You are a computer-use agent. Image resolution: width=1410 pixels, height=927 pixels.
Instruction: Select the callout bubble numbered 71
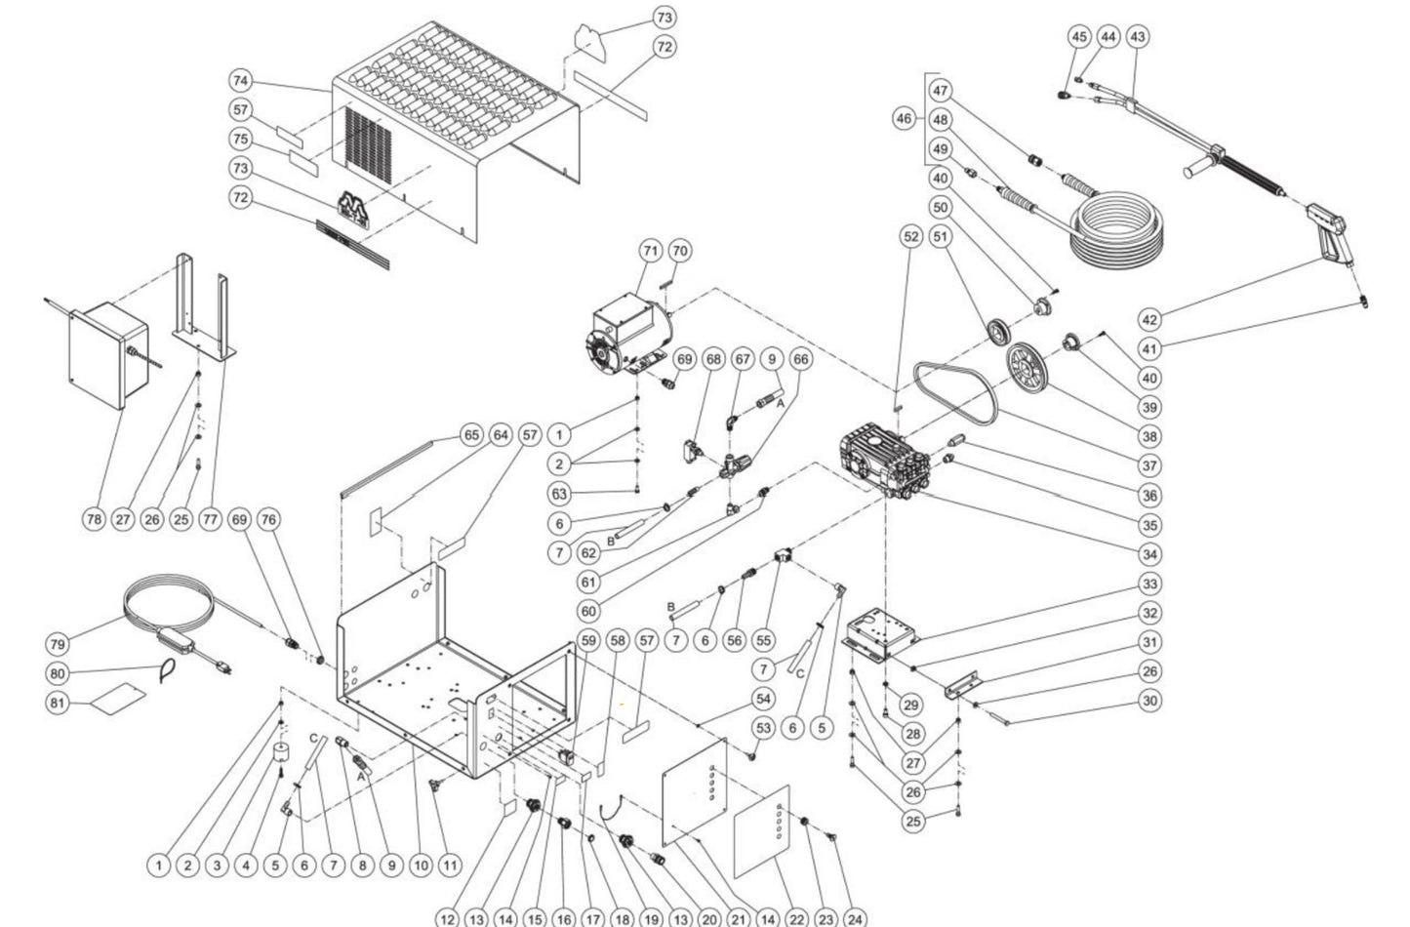(x=651, y=251)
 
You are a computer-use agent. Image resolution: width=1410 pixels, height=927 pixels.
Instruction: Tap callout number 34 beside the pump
(x=1150, y=553)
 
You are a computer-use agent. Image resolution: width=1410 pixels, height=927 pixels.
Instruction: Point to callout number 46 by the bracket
(x=905, y=118)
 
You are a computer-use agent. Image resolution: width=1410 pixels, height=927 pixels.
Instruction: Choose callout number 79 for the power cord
(x=60, y=643)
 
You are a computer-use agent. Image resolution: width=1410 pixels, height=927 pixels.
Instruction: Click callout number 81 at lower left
(x=60, y=702)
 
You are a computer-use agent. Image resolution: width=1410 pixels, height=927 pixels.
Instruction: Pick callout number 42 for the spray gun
(x=1150, y=319)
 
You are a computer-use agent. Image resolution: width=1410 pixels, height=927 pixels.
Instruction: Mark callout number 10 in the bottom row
(x=421, y=864)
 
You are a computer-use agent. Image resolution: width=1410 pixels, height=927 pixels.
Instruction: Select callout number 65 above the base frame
(x=471, y=434)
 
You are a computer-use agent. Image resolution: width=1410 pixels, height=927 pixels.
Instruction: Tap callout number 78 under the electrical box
(x=93, y=520)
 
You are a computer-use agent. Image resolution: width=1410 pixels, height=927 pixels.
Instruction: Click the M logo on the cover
(x=356, y=204)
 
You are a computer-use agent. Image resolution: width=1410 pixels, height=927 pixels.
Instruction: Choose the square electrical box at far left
(x=101, y=354)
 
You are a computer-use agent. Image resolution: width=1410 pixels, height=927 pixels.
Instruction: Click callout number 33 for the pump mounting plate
(x=1150, y=584)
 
